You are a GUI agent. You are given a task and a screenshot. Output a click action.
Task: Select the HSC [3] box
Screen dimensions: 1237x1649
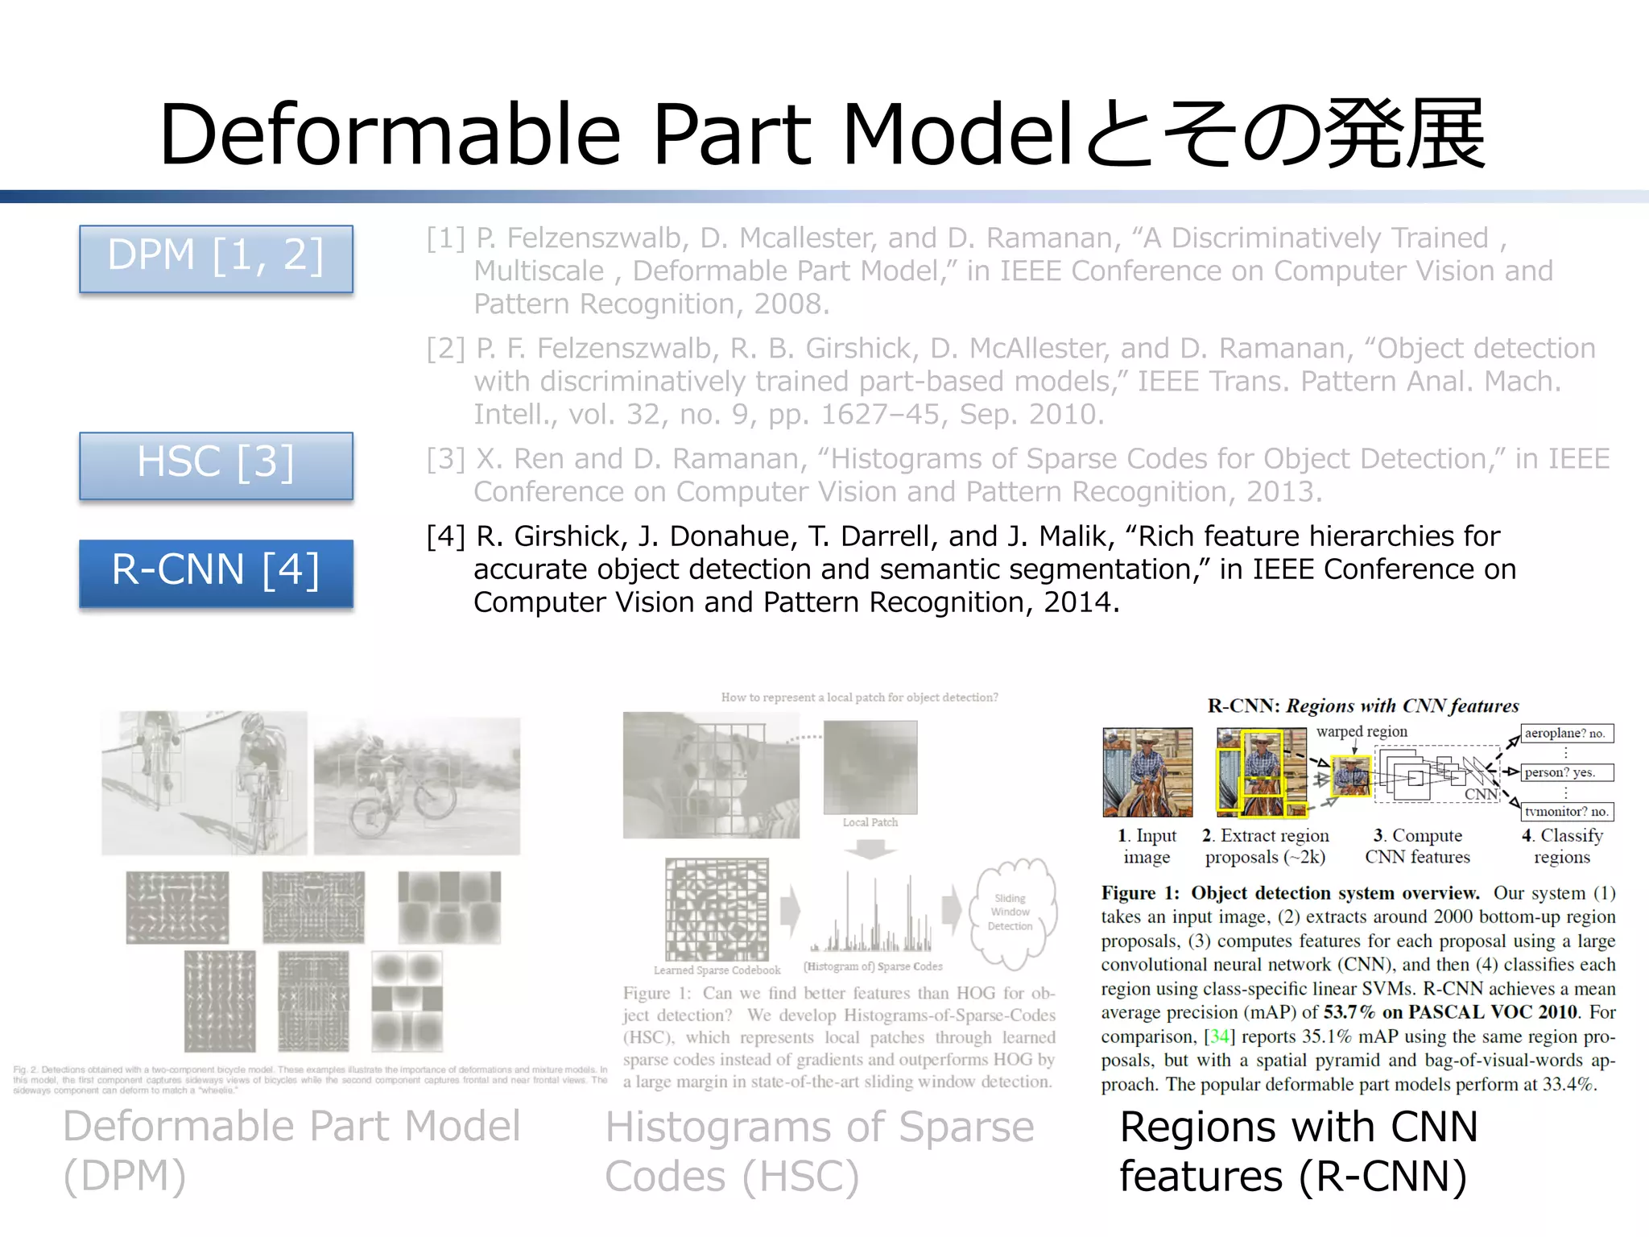coord(216,465)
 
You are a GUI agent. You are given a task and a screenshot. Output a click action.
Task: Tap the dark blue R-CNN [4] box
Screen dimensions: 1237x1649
coord(216,572)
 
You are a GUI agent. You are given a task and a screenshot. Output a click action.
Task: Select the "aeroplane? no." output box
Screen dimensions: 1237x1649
coord(1565,733)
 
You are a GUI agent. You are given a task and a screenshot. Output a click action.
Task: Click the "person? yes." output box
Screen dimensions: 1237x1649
coord(1565,772)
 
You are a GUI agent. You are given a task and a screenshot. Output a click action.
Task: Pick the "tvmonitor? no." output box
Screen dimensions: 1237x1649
coord(1565,811)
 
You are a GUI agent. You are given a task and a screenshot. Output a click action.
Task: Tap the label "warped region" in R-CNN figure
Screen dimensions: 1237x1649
coord(1362,731)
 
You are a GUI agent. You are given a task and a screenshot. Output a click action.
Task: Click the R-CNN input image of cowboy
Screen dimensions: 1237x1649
coord(1147,772)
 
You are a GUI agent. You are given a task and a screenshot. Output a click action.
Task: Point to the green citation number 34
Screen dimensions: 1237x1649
coord(1219,1036)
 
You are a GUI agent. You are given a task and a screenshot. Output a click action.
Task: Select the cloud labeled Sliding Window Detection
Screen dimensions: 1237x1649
coord(1010,912)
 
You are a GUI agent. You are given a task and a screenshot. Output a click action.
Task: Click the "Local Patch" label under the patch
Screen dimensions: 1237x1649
coord(870,822)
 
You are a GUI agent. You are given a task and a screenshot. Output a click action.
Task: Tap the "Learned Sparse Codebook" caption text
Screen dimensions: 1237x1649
coord(717,970)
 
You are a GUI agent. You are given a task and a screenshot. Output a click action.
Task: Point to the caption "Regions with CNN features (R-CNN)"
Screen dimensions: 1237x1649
coord(1298,1151)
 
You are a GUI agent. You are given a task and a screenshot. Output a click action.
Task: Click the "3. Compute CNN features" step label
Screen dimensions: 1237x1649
coord(1417,846)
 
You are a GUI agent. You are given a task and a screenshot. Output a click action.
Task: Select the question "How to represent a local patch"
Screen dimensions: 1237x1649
coord(859,697)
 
